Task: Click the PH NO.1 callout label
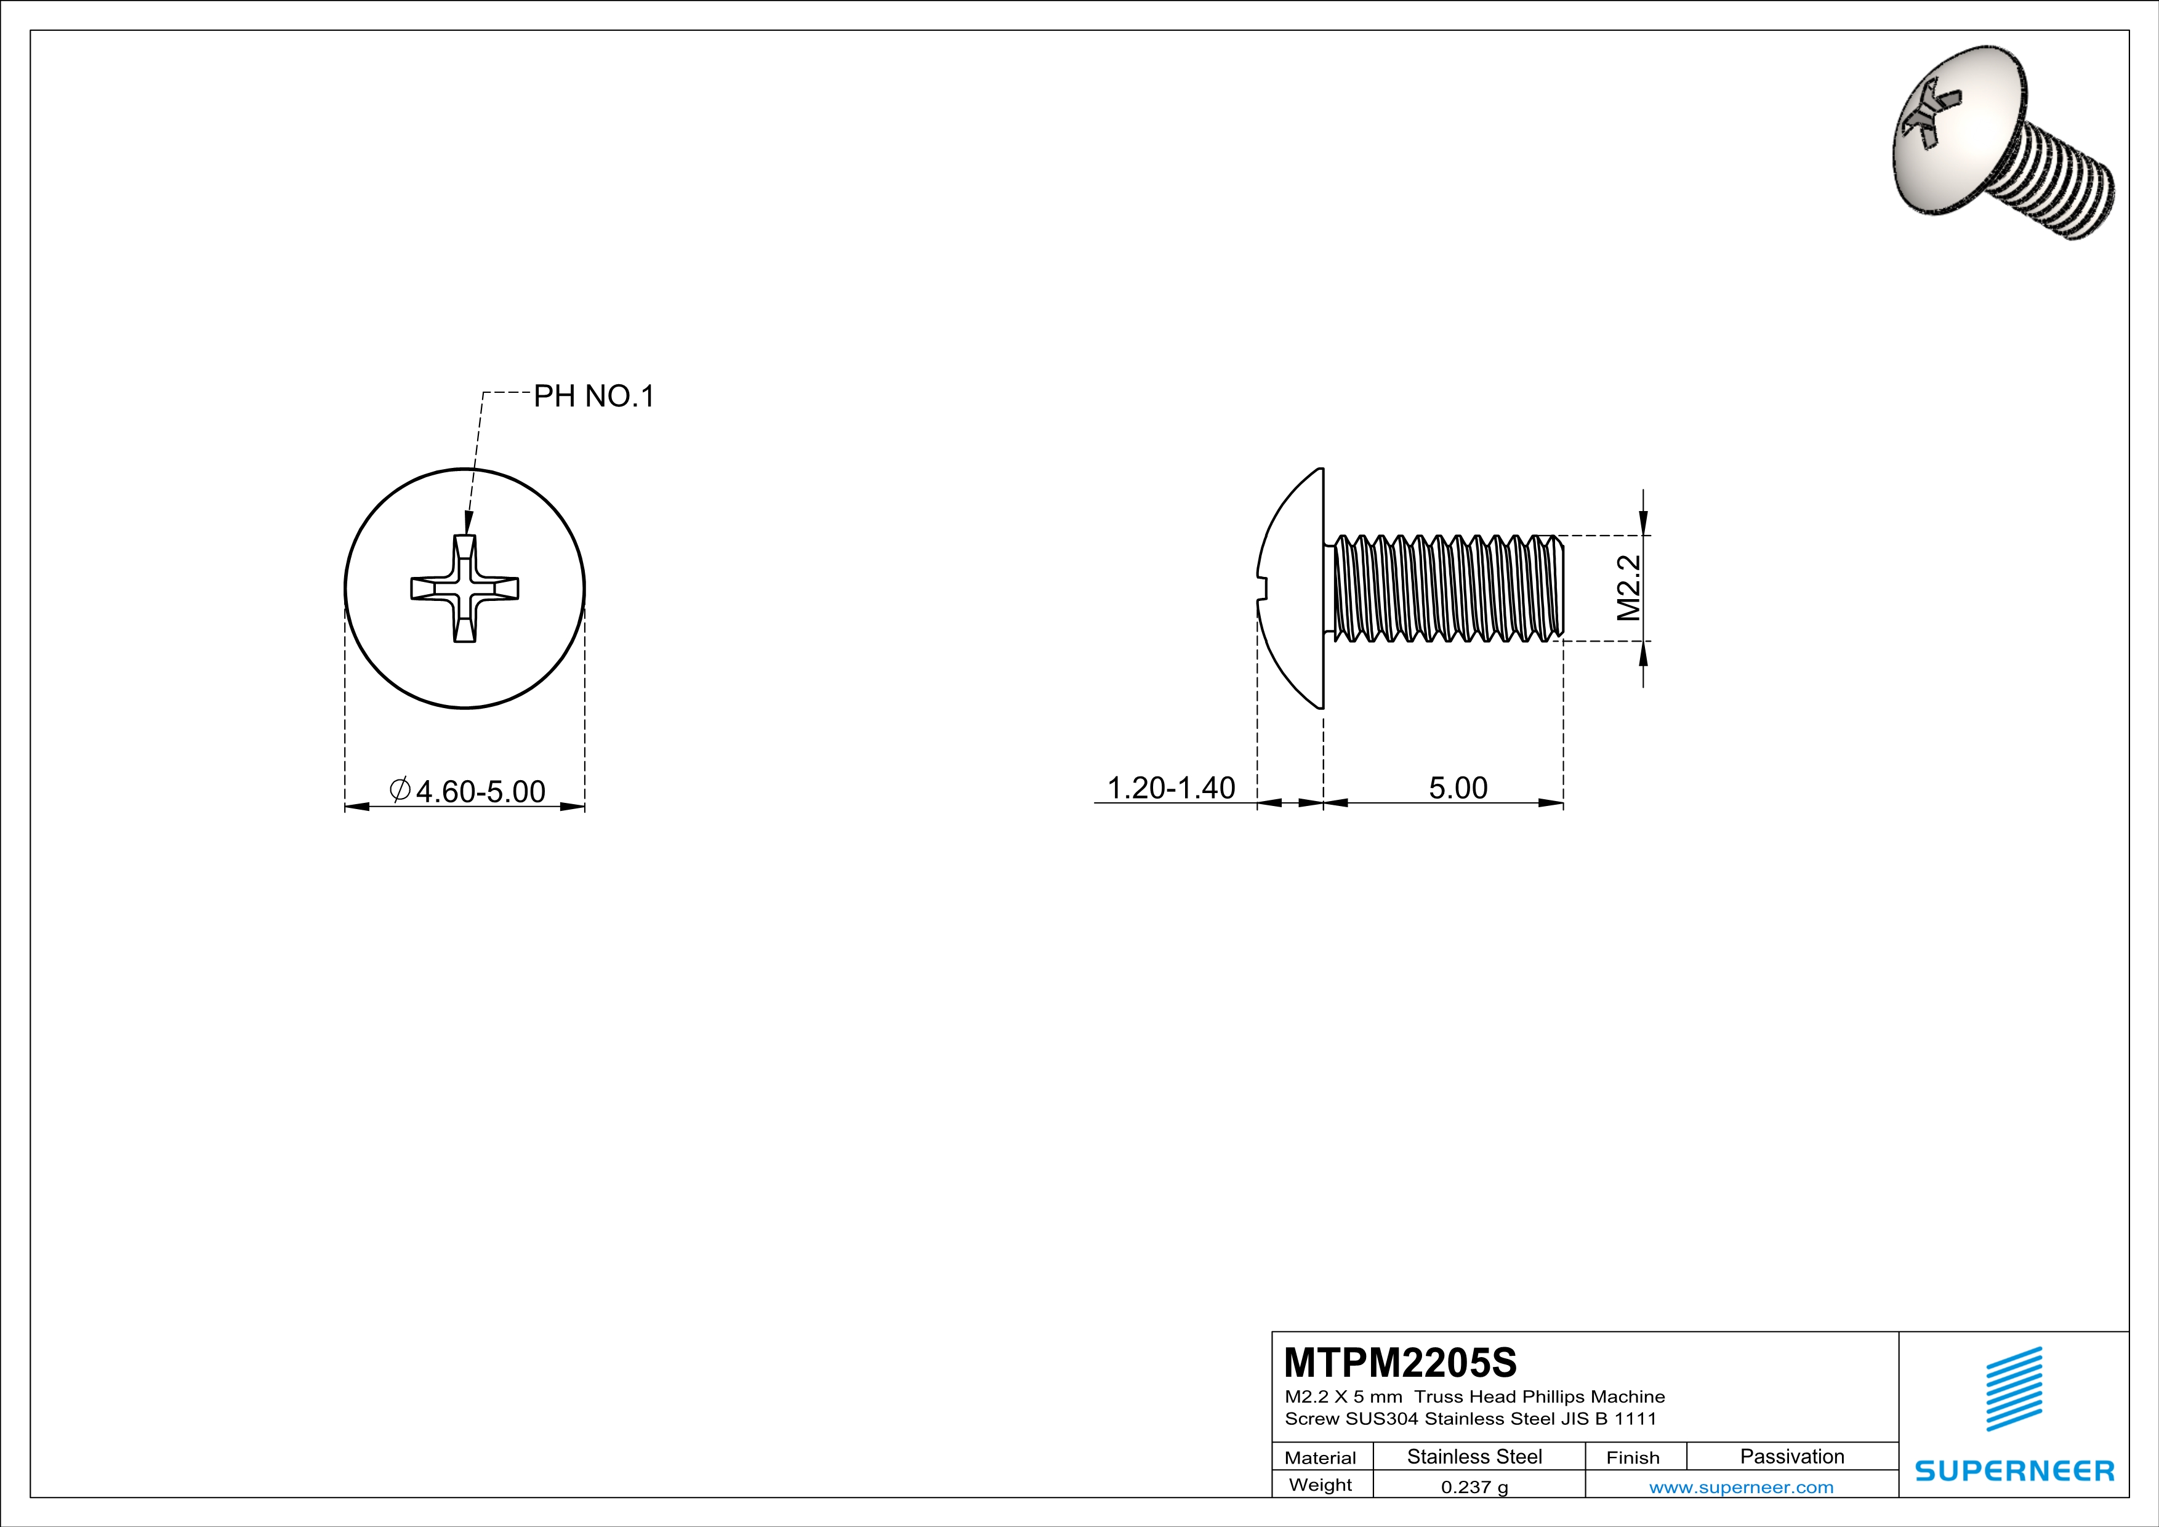pyautogui.click(x=593, y=396)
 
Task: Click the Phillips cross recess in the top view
pyautogui.click(x=465, y=589)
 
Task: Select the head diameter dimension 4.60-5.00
pyautogui.click(x=480, y=791)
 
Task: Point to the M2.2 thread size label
pyautogui.click(x=1629, y=587)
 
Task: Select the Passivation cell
pyautogui.click(x=1791, y=1456)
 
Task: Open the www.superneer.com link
pyautogui.click(x=1740, y=1486)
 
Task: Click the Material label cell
pyautogui.click(x=1321, y=1457)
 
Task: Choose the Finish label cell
pyautogui.click(x=1633, y=1457)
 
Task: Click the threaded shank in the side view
pyautogui.click(x=1448, y=589)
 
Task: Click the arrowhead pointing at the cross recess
pyautogui.click(x=468, y=523)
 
